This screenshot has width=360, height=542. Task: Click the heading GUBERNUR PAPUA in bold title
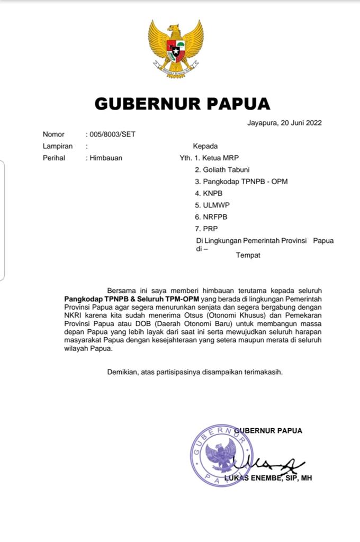[x=182, y=104]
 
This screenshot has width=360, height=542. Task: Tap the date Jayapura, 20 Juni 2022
[x=284, y=123]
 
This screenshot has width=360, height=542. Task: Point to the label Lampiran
[x=57, y=146]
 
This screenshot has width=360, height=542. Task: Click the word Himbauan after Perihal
[x=106, y=158]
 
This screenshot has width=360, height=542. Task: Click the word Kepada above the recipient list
[x=205, y=146]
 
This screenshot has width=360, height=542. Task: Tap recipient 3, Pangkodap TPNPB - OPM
[x=241, y=182]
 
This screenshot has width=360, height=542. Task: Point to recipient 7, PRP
[x=206, y=229]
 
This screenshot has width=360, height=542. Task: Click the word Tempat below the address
[x=248, y=255]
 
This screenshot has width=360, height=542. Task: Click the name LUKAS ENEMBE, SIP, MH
[x=269, y=478]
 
